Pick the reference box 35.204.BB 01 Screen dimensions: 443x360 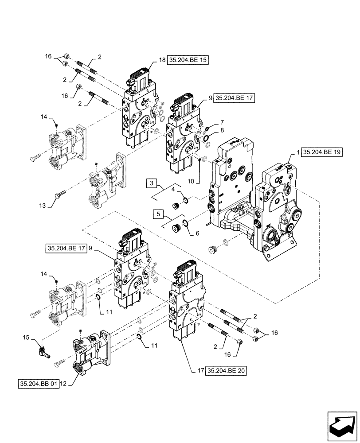(x=39, y=384)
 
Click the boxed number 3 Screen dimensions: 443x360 (x=152, y=183)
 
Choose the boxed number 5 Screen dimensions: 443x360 (x=157, y=214)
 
